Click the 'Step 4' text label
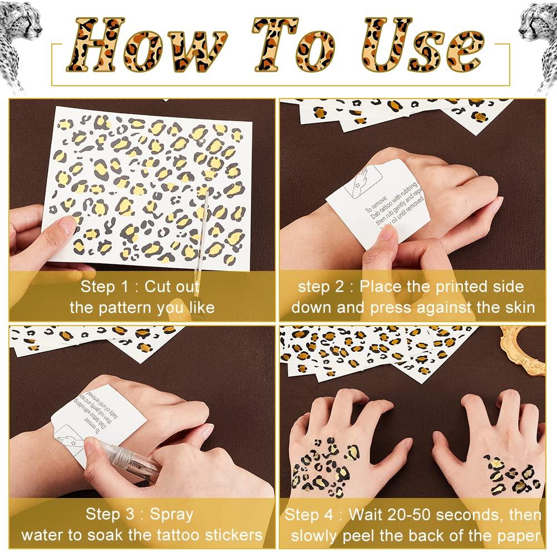pyautogui.click(x=309, y=514)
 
